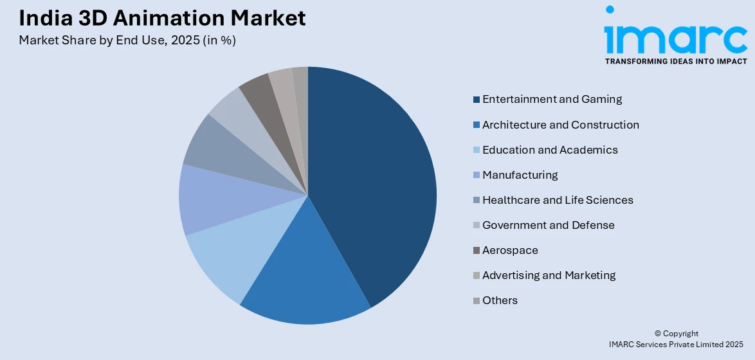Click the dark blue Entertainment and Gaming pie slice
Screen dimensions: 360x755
click(x=373, y=186)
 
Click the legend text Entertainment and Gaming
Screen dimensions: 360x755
click(x=552, y=99)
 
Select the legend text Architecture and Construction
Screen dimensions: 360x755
click(x=560, y=125)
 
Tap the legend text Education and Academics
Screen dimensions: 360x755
click(x=550, y=150)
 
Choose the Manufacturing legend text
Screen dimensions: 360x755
click(x=520, y=175)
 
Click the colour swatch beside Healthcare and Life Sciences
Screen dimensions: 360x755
click(x=477, y=201)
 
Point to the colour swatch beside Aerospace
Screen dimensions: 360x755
click(x=477, y=251)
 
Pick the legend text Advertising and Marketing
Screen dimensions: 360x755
click(x=549, y=275)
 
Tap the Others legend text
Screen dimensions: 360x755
click(x=500, y=300)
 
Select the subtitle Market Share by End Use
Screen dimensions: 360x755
click(x=127, y=40)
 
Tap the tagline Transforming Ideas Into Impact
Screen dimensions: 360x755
click(x=675, y=61)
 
